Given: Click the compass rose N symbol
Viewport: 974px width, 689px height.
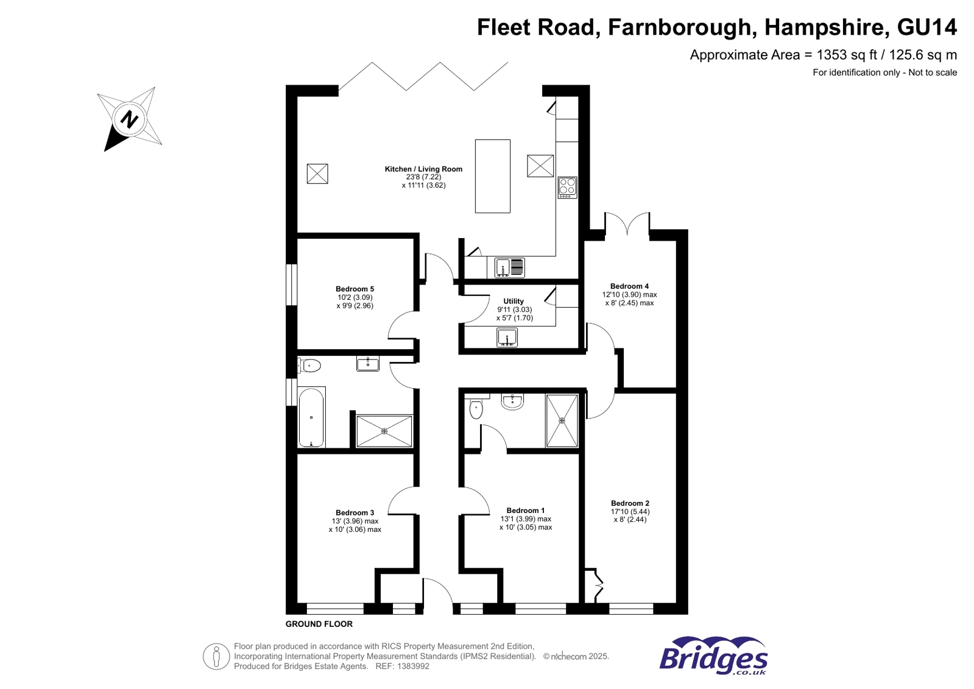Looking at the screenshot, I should [x=129, y=118].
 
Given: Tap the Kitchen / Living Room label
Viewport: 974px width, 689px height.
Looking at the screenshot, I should [x=423, y=169].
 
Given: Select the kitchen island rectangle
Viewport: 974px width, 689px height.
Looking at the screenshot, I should [x=492, y=176].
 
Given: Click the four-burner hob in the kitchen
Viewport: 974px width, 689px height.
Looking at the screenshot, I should [x=567, y=187].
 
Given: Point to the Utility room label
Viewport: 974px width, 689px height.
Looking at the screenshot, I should [x=513, y=301].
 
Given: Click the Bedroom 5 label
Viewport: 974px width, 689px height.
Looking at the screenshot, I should [x=355, y=289].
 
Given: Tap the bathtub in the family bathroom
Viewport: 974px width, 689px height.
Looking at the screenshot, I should [x=311, y=417].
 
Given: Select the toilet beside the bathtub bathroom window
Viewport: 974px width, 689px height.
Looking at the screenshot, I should [x=310, y=366].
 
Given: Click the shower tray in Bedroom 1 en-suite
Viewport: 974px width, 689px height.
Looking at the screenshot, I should [x=562, y=420].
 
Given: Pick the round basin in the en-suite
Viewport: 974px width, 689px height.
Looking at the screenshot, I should [x=512, y=401].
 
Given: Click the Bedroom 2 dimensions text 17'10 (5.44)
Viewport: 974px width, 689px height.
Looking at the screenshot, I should [x=630, y=512].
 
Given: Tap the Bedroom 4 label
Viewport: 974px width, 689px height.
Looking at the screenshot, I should [x=629, y=286].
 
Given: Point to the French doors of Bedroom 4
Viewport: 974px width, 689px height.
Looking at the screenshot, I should [x=627, y=224].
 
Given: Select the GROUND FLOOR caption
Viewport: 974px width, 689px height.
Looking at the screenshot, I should [x=319, y=624].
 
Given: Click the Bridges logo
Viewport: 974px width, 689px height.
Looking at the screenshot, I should [x=713, y=655].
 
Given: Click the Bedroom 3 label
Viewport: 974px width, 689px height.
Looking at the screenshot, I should [x=355, y=512].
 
